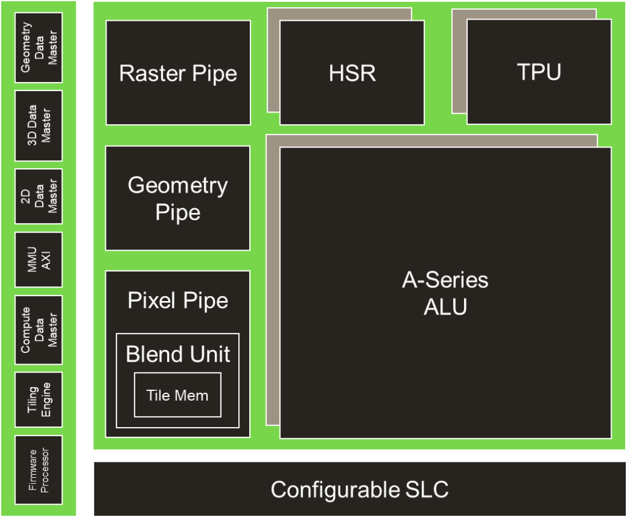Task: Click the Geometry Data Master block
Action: tap(39, 48)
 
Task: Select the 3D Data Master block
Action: tap(39, 126)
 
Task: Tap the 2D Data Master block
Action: tap(39, 196)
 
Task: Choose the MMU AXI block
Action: tap(39, 259)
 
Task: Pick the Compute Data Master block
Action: tap(39, 330)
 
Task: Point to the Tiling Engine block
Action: tap(39, 399)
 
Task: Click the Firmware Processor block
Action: tap(39, 469)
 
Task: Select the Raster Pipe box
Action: tap(178, 73)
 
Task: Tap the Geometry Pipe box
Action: tap(178, 198)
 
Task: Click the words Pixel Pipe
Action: tap(178, 300)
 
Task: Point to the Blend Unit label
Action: tap(178, 354)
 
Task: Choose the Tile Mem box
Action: tap(178, 395)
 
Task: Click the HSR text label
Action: tap(352, 73)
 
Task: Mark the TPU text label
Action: tap(539, 72)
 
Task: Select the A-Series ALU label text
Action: tap(445, 293)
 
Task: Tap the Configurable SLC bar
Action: tap(359, 489)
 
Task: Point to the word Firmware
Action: tap(33, 469)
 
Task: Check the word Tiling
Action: tap(33, 399)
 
